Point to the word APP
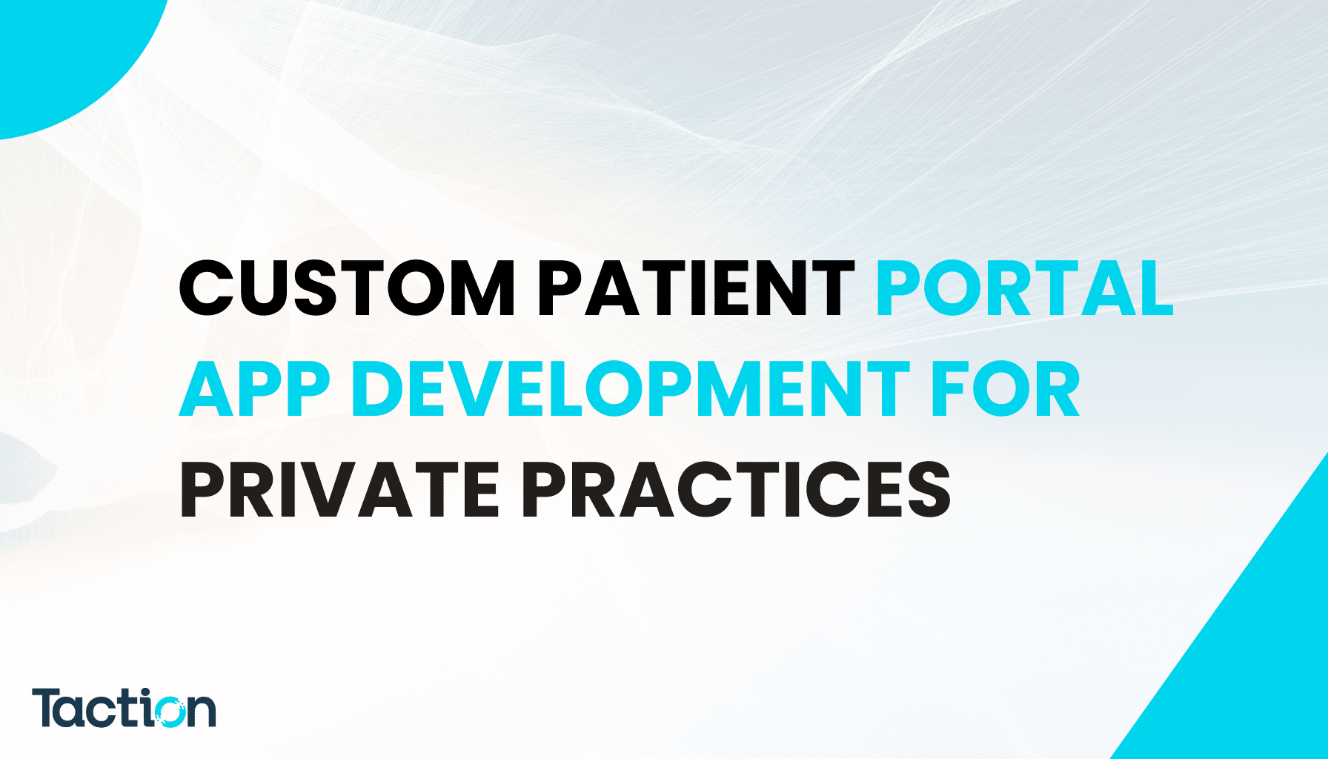click(x=254, y=389)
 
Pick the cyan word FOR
click(x=1005, y=389)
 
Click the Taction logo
click(x=124, y=709)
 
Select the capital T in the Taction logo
click(x=48, y=707)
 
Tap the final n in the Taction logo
click(x=202, y=712)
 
